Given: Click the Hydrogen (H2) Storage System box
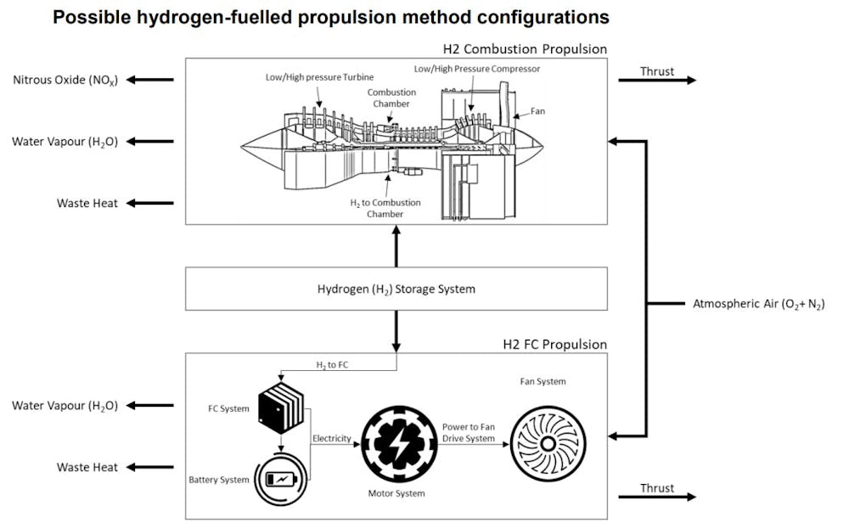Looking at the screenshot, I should tap(396, 289).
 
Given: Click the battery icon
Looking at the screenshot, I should tap(281, 479).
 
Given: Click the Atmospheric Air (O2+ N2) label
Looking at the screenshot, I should tap(759, 303).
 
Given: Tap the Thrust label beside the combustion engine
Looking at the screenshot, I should tap(657, 70).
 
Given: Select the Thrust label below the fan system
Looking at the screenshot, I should tap(657, 488).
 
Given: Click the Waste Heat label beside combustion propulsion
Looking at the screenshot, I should tap(87, 203).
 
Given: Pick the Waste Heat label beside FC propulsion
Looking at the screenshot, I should tap(87, 467).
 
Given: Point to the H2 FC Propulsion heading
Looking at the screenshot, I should tap(555, 345).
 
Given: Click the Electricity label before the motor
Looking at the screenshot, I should tap(331, 438).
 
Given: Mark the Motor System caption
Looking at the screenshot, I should tap(396, 492).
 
